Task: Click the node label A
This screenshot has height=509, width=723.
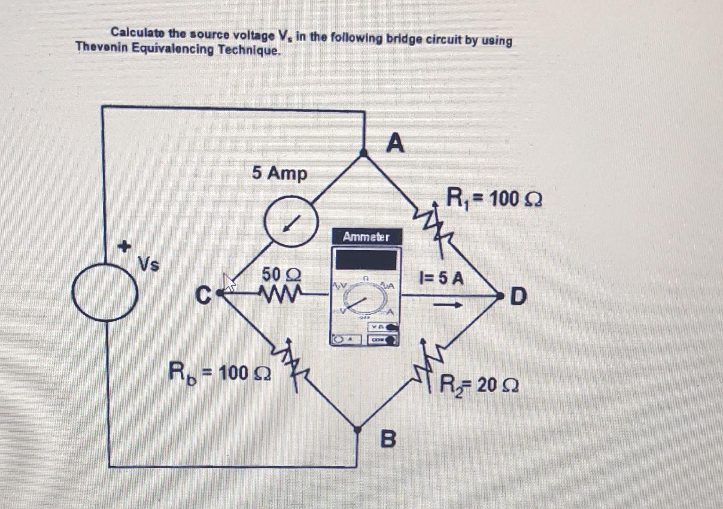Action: click(395, 143)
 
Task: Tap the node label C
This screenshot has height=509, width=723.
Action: click(202, 296)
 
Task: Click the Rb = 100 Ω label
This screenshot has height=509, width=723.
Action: click(219, 372)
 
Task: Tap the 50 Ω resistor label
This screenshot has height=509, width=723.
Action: click(282, 274)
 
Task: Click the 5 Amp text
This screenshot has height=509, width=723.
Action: click(279, 173)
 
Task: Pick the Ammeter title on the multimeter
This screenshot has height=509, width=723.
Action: click(366, 237)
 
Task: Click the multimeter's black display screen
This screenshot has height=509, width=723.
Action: click(366, 260)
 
